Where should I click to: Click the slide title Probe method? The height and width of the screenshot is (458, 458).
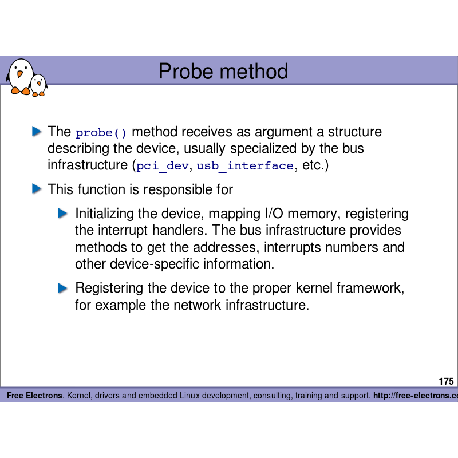pyautogui.click(x=223, y=72)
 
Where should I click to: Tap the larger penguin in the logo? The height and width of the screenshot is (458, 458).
pyautogui.click(x=21, y=76)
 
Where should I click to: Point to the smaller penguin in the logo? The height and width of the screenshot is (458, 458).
pyautogui.click(x=39, y=85)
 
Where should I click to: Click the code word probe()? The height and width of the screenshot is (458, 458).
pyautogui.click(x=101, y=133)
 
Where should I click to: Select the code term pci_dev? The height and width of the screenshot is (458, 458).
pyautogui.click(x=163, y=167)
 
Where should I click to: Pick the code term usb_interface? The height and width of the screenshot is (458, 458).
pyautogui.click(x=245, y=167)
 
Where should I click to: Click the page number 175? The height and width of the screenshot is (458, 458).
pyautogui.click(x=446, y=381)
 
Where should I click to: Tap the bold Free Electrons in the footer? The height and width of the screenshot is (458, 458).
pyautogui.click(x=34, y=396)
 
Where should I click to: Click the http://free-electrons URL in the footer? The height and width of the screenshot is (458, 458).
pyautogui.click(x=416, y=396)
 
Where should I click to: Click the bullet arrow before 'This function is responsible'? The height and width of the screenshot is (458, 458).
pyautogui.click(x=37, y=188)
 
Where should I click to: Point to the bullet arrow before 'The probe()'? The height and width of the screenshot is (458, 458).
pyautogui.click(x=37, y=132)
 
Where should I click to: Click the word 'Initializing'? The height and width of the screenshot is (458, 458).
pyautogui.click(x=103, y=214)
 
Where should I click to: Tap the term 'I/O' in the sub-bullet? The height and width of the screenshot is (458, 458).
pyautogui.click(x=273, y=214)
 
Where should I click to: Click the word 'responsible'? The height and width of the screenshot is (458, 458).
pyautogui.click(x=178, y=189)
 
